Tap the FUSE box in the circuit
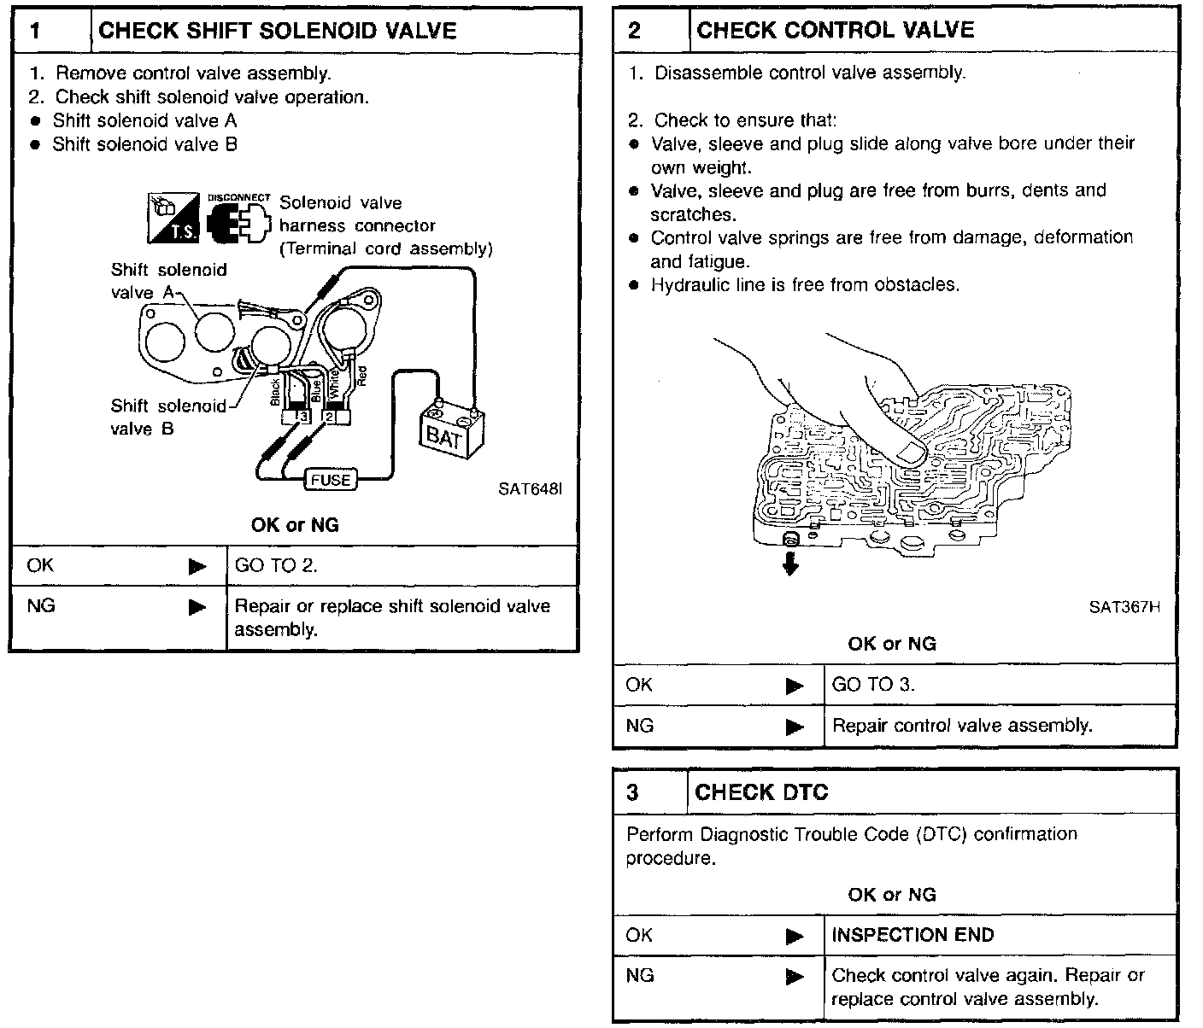(x=330, y=480)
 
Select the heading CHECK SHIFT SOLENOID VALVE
(x=278, y=31)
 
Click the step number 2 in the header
(x=634, y=31)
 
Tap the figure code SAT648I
(x=530, y=489)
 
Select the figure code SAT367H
(x=1124, y=607)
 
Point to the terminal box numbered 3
(x=302, y=417)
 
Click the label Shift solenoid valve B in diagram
(x=168, y=417)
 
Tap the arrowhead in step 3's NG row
(x=795, y=976)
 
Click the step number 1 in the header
(x=36, y=31)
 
